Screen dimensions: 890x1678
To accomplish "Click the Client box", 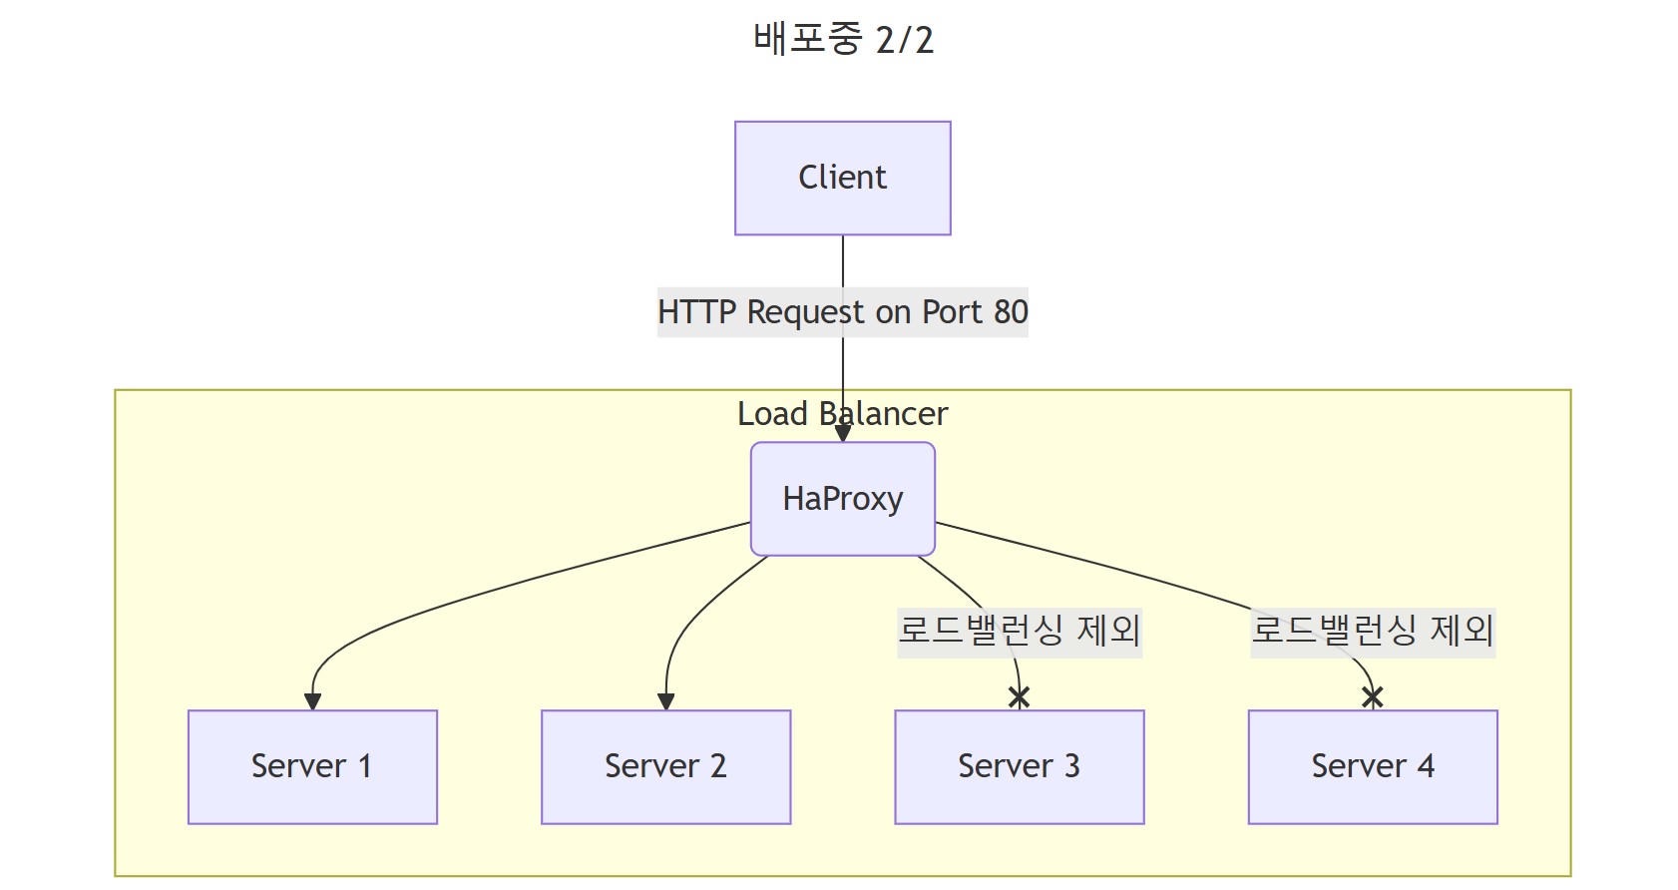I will pos(842,179).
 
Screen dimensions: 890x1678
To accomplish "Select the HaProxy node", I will pos(842,499).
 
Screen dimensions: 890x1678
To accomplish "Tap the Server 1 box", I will pos(312,766).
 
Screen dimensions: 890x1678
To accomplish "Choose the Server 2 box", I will pos(665,766).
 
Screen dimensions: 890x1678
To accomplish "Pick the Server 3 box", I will pos(1019,766).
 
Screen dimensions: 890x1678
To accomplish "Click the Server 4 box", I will pos(1372,766).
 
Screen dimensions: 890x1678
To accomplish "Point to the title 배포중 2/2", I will pos(842,40).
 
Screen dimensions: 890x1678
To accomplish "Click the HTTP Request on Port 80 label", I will pos(842,312).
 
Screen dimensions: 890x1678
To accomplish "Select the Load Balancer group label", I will pos(842,414).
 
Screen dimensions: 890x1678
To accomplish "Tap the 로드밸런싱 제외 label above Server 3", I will pos(1019,631).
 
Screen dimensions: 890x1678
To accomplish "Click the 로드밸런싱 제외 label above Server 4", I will pos(1372,631).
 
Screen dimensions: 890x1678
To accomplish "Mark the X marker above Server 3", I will pos(1019,697).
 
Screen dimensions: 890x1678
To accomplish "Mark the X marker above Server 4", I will pos(1372,697).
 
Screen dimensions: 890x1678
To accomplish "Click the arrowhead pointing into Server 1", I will pos(312,701).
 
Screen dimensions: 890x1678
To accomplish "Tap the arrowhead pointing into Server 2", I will pos(665,701).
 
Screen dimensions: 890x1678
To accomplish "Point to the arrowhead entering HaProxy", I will pos(842,434).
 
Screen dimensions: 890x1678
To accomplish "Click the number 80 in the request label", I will pos(1010,312).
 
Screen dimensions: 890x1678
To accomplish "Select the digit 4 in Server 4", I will pos(1426,766).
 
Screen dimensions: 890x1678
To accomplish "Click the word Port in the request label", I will pos(952,312).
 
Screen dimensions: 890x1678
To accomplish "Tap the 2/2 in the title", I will pos(904,40).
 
